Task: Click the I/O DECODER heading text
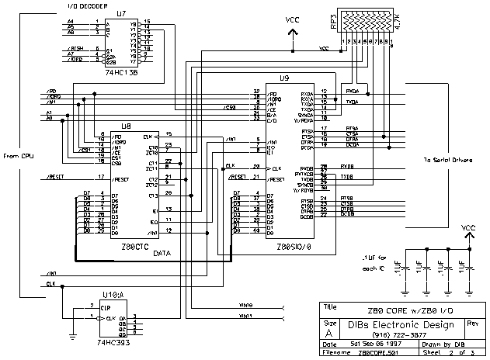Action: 91,5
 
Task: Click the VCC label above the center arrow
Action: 293,19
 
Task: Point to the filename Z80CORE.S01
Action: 377,353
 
